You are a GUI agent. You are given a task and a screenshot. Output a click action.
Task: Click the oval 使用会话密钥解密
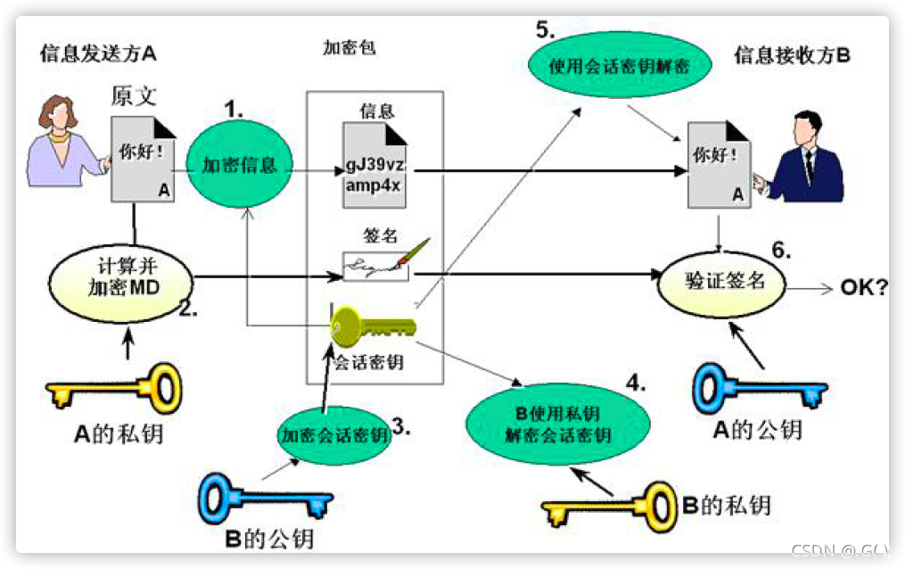(620, 66)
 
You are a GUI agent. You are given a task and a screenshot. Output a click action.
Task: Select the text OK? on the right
(864, 289)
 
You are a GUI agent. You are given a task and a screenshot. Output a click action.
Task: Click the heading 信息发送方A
(98, 54)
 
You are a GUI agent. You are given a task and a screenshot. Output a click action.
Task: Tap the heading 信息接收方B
(792, 55)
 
